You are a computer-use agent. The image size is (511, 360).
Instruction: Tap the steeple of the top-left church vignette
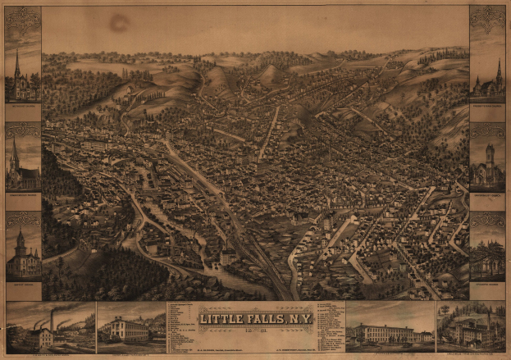pos(17,64)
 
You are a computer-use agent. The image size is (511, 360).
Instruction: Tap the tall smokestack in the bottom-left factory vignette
pos(52,320)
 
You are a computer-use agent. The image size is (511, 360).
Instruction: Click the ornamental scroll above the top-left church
pos(22,17)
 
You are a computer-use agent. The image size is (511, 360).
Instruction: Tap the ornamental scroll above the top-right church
pos(487,17)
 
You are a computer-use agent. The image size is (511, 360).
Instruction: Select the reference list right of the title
pos(328,324)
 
